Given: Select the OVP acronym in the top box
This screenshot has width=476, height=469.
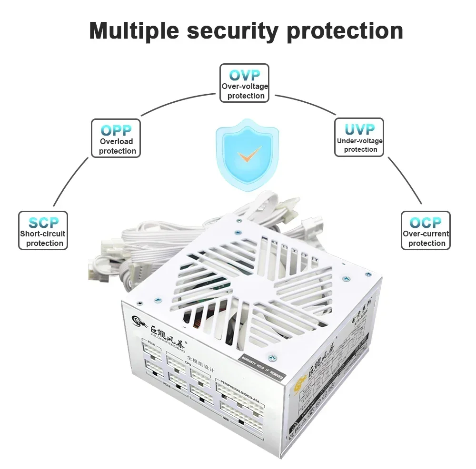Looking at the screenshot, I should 244,75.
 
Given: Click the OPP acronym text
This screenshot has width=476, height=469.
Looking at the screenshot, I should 116,130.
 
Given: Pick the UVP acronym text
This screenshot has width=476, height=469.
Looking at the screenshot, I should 359,129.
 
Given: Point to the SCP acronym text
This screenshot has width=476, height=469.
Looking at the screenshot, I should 43,222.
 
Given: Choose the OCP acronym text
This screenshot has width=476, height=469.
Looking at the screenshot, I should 426,222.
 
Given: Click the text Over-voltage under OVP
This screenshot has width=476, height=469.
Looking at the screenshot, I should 245,86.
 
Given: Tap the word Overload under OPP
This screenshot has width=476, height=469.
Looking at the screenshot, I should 116,141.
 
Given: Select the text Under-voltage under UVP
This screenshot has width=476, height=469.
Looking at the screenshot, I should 359,140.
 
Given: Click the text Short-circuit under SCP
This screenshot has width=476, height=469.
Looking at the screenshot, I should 43,234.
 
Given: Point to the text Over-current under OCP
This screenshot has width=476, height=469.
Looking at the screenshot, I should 426,234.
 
